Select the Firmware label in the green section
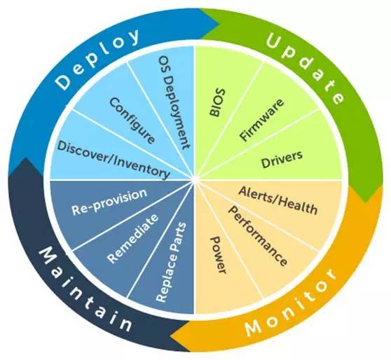point(261,120)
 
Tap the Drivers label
point(282,159)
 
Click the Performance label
point(258,236)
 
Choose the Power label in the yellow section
point(219,255)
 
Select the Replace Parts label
point(171,262)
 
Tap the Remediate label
point(132,239)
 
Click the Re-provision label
point(109,202)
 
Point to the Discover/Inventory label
point(114,160)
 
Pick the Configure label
point(132,120)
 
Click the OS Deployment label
point(174,102)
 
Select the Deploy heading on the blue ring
point(97,58)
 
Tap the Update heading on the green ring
point(306,68)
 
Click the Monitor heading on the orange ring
point(291,303)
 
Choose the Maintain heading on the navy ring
point(85,289)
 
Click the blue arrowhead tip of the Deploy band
point(219,25)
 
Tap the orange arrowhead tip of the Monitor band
point(171,336)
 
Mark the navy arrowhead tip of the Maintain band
point(25,158)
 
